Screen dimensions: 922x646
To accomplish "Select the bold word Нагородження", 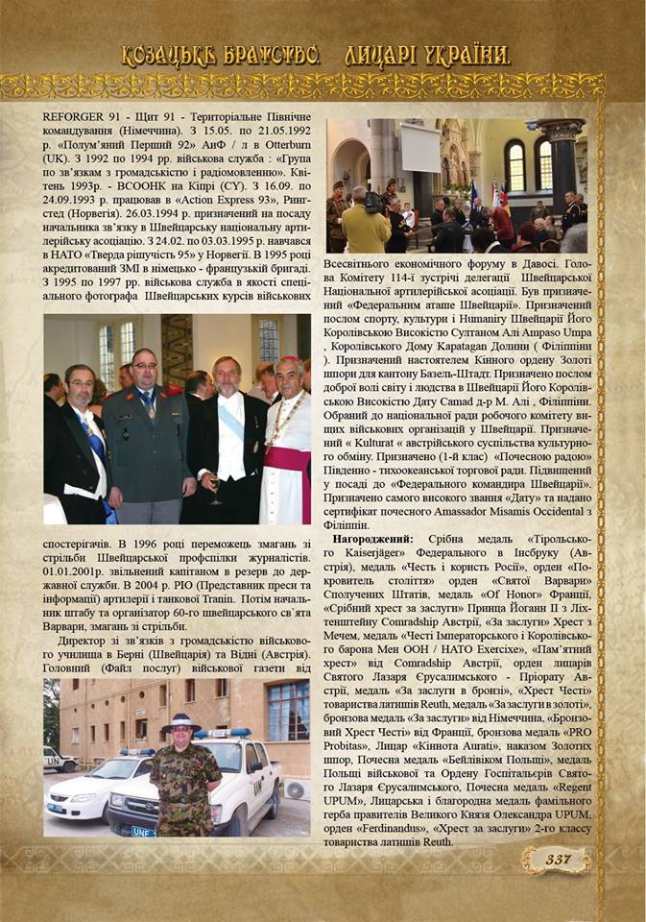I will click(x=372, y=540).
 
